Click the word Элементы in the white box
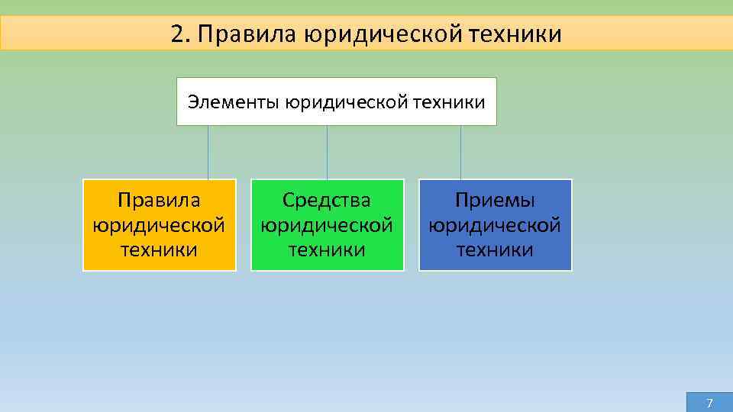(234, 101)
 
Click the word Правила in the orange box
(159, 201)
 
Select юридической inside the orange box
(159, 226)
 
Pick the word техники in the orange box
(159, 250)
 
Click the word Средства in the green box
(327, 201)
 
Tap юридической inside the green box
(327, 226)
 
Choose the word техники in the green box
(327, 250)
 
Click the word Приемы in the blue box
(495, 201)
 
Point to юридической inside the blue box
(495, 226)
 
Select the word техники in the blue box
(495, 250)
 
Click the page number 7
(709, 403)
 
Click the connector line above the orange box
(208, 153)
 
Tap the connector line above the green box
(327, 153)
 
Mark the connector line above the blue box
(460, 153)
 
